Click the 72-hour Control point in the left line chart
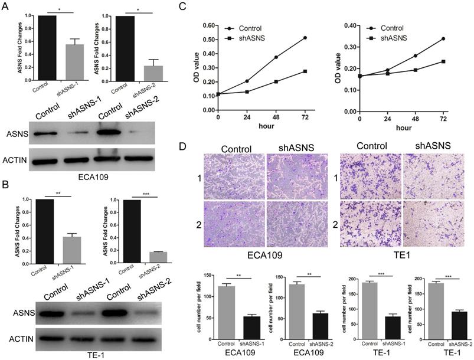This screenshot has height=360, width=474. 305,38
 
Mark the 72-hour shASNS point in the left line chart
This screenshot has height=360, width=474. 305,71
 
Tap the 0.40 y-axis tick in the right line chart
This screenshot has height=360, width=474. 347,26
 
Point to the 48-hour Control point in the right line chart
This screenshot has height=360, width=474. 416,55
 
